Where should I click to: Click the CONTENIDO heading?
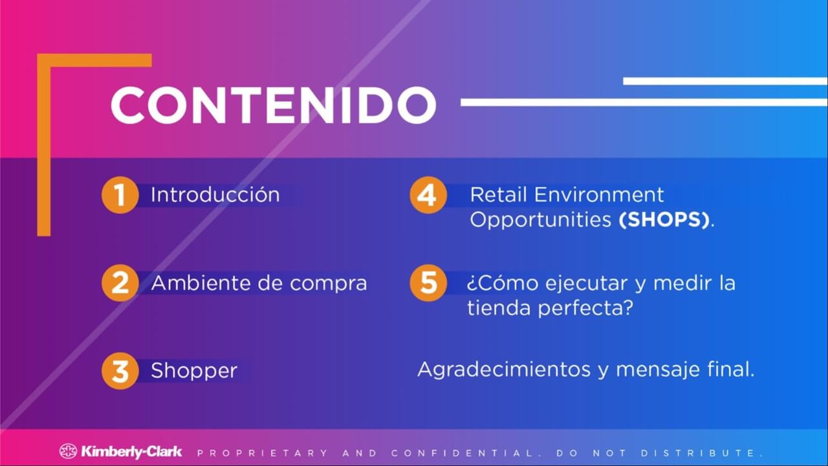274,105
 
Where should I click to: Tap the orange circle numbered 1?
120,195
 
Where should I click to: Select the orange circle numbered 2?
120,283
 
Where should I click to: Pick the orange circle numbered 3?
120,371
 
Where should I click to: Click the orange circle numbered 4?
428,195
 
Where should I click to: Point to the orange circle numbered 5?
428,283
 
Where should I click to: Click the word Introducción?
215,194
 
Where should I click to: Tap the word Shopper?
194,371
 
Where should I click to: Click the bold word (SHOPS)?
664,219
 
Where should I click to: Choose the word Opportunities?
540,221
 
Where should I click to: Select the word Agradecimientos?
504,370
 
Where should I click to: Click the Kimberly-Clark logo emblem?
68,451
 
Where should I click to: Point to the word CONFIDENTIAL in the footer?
462,453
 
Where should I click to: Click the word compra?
328,284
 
